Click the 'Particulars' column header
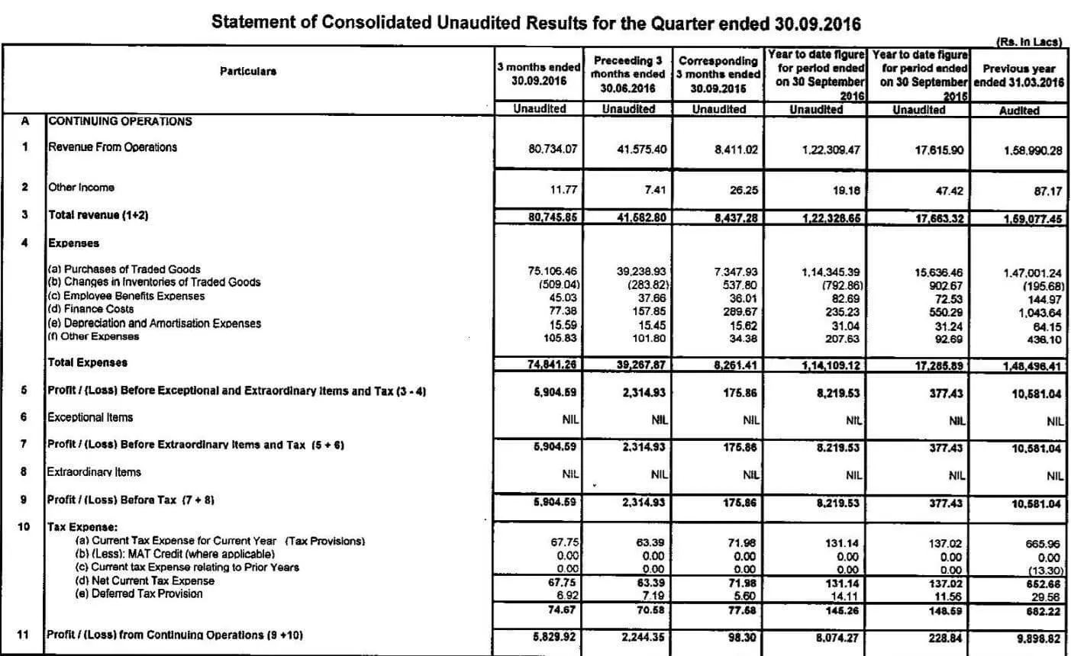coord(248,71)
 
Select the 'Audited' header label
coord(1019,110)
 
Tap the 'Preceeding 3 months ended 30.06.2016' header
coord(628,74)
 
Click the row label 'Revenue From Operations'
coord(112,147)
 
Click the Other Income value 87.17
coord(1047,191)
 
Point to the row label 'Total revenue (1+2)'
coord(98,215)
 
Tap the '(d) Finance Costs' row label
coord(91,309)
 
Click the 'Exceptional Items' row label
coord(90,417)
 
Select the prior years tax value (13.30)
coord(1042,569)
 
